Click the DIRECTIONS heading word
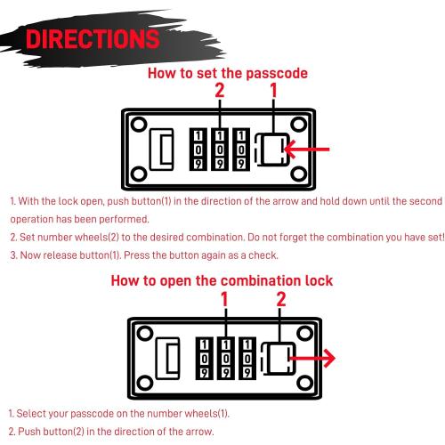tap(93, 39)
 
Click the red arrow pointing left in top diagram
tap(307, 149)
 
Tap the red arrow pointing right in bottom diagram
tap(312, 358)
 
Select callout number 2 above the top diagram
tap(220, 90)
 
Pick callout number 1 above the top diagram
tap(273, 90)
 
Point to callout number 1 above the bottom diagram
tap(224, 299)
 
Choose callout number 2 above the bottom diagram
tap(280, 299)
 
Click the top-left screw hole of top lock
tap(139, 125)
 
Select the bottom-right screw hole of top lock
tap(299, 174)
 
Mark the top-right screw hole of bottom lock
tap(304, 333)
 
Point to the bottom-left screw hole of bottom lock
tap(144, 383)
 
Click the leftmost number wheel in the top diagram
tap(198, 150)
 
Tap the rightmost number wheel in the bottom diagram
tap(247, 358)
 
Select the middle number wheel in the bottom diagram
tap(226, 358)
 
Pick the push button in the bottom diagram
tap(278, 358)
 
